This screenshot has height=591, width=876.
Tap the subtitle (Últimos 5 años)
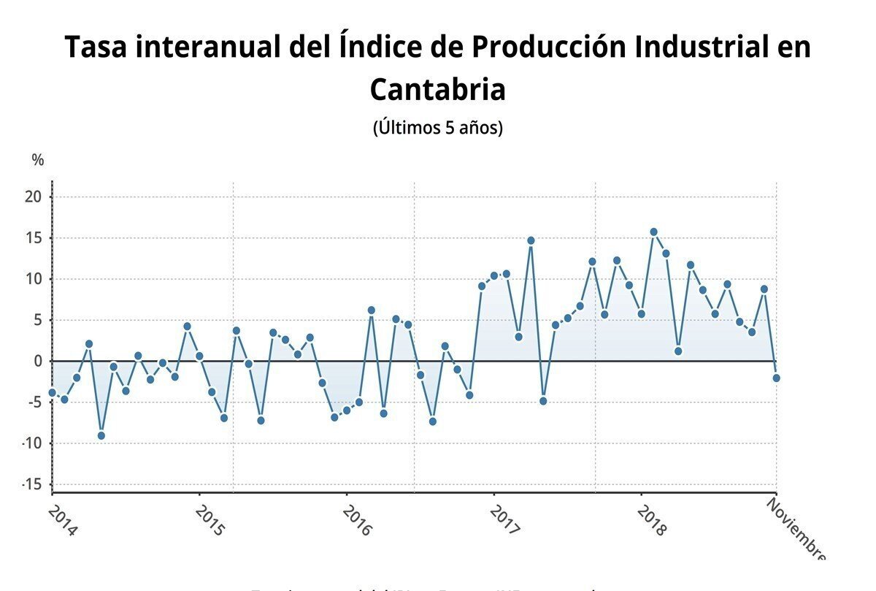437,128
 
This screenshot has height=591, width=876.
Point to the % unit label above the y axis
38,160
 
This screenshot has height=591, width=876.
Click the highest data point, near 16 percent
653,232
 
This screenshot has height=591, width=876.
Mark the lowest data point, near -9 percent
101,435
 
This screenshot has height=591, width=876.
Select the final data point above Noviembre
776,378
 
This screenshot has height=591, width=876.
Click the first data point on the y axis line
52,392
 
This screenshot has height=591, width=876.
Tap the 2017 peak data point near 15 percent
531,240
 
